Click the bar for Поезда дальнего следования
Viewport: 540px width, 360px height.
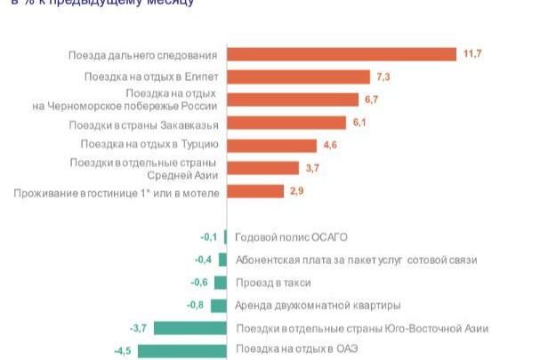342,55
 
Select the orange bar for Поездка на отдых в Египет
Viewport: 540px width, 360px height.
298,77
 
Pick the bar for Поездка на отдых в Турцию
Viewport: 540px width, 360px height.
272,145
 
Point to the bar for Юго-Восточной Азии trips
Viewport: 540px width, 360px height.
190,328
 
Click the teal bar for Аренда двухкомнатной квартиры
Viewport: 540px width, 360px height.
221,305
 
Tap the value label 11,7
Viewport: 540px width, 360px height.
471,55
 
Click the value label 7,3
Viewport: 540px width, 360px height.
384,77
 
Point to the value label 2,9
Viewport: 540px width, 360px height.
298,191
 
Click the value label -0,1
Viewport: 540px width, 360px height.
210,236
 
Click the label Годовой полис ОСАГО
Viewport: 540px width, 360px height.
290,237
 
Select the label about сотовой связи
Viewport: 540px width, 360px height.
356,260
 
